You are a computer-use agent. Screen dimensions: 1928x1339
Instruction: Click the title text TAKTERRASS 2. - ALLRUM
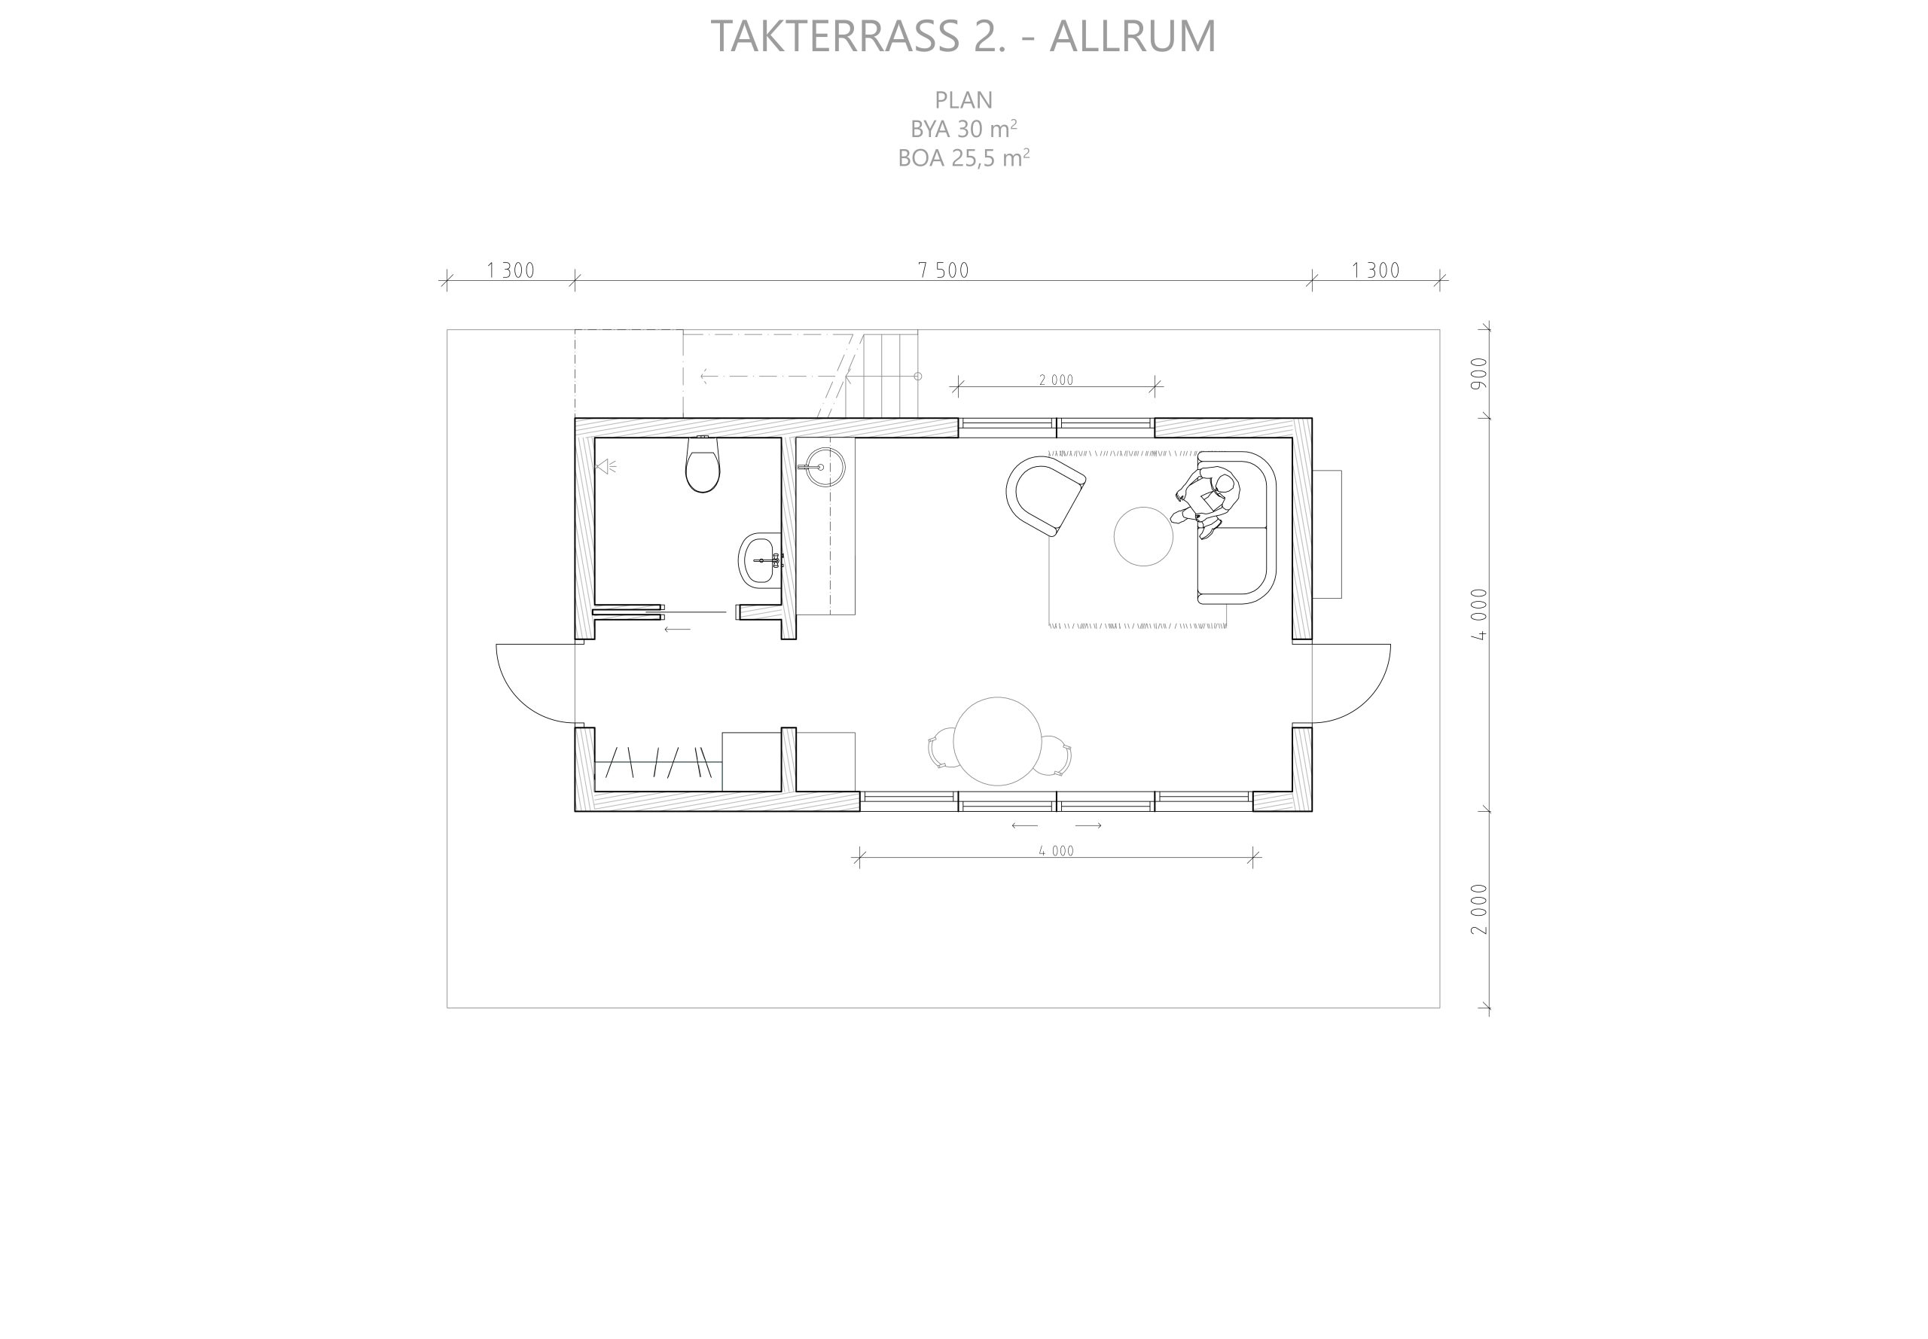pyautogui.click(x=963, y=36)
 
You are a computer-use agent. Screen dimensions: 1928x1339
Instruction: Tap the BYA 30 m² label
pyautogui.click(x=963, y=128)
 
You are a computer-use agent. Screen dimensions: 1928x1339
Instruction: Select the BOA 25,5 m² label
pyautogui.click(x=963, y=157)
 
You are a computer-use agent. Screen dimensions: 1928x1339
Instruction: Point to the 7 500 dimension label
pyautogui.click(x=943, y=270)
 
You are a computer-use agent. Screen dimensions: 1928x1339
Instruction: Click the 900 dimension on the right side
pyautogui.click(x=1478, y=373)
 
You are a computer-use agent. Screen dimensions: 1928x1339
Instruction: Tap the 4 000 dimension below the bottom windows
pyautogui.click(x=1057, y=851)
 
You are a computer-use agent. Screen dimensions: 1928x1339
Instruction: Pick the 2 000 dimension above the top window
pyautogui.click(x=1057, y=380)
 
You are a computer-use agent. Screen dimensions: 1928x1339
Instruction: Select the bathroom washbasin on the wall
pyautogui.click(x=760, y=561)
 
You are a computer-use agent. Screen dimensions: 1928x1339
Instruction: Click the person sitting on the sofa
pyautogui.click(x=1206, y=503)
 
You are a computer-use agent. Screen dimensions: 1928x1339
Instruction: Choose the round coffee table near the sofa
pyautogui.click(x=1142, y=537)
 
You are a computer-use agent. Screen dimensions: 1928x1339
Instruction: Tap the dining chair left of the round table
pyautogui.click(x=941, y=748)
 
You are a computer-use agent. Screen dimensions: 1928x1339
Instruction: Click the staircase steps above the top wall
pyautogui.click(x=880, y=374)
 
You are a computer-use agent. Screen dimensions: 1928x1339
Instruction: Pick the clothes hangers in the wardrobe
pyautogui.click(x=658, y=763)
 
